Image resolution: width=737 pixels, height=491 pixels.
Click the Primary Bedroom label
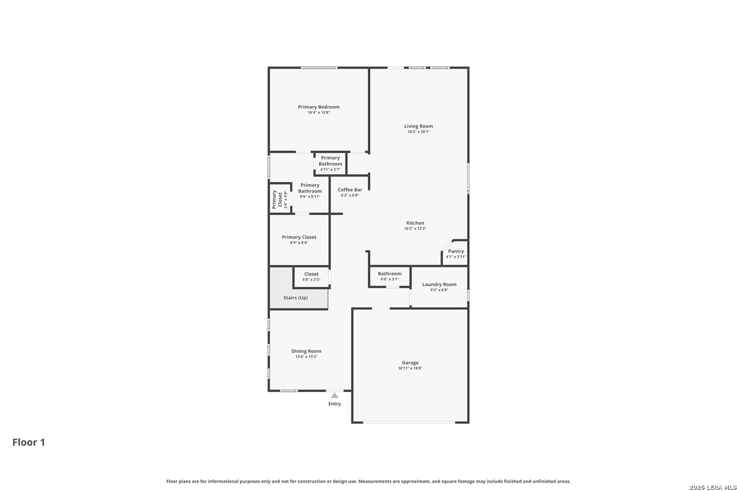pos(318,107)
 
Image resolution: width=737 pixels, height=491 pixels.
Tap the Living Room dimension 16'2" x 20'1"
pos(418,132)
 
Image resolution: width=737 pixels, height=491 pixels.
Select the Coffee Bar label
pos(350,190)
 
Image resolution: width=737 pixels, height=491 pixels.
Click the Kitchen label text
pos(415,223)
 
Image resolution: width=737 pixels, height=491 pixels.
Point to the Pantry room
pos(455,254)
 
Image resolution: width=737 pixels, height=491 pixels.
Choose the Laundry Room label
pos(439,285)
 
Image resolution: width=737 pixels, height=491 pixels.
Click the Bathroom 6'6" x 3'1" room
pos(389,276)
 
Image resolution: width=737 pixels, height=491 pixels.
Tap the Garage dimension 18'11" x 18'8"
pos(410,369)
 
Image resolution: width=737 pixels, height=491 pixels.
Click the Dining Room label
pos(306,351)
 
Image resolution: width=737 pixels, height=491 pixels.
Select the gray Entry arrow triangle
pos(334,396)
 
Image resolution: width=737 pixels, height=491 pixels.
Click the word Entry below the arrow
pos(334,404)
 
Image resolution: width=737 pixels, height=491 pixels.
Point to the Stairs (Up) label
pos(296,298)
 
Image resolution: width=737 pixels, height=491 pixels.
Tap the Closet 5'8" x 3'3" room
pos(311,277)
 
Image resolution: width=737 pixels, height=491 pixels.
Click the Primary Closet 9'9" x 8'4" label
pos(299,237)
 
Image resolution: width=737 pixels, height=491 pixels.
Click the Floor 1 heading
pos(29,442)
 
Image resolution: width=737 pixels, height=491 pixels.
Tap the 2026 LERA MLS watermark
pos(712,487)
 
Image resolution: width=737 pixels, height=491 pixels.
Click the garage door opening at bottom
pos(409,423)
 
